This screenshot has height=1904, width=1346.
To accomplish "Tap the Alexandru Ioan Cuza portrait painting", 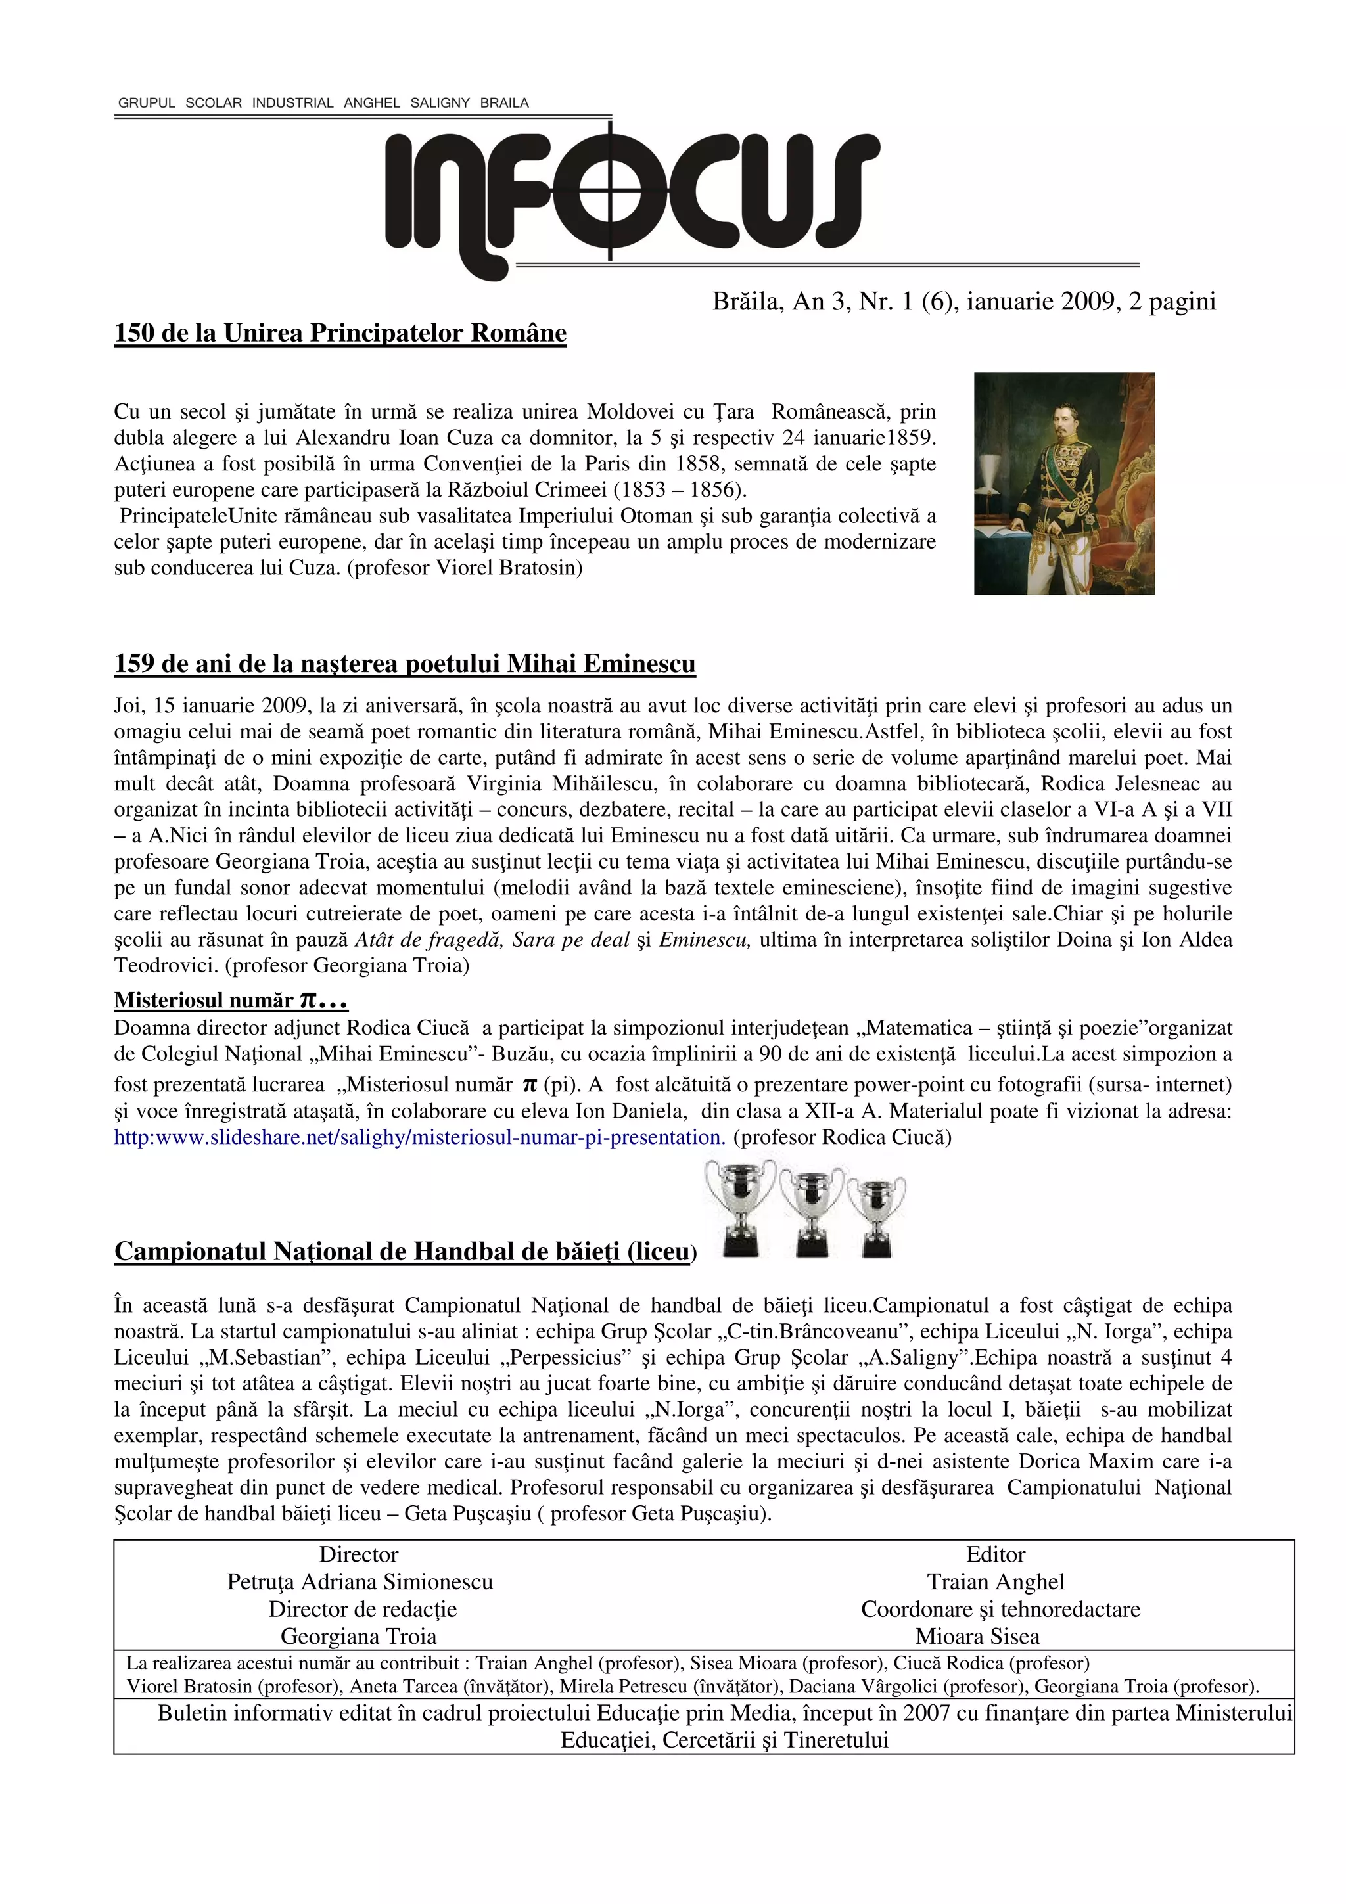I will tap(1064, 483).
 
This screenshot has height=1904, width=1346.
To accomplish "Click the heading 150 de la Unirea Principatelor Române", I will tap(340, 333).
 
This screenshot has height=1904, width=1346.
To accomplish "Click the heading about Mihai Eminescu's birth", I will tap(405, 664).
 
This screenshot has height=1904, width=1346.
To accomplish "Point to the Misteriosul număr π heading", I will tap(231, 1000).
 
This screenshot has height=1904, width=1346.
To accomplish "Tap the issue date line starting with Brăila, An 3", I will tap(963, 301).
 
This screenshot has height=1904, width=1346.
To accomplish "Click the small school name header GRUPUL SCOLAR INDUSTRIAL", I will tap(323, 103).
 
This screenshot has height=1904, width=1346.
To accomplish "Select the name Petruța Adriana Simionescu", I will tap(360, 1581).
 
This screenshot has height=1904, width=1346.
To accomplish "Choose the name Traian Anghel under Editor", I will tap(995, 1581).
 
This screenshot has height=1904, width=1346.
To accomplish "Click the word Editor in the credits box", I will tap(995, 1554).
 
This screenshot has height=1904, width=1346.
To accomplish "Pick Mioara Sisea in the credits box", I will tap(977, 1636).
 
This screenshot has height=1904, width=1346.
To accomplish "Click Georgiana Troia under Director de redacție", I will tap(358, 1636).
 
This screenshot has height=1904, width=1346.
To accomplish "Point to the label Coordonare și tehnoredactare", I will tap(1000, 1609).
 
